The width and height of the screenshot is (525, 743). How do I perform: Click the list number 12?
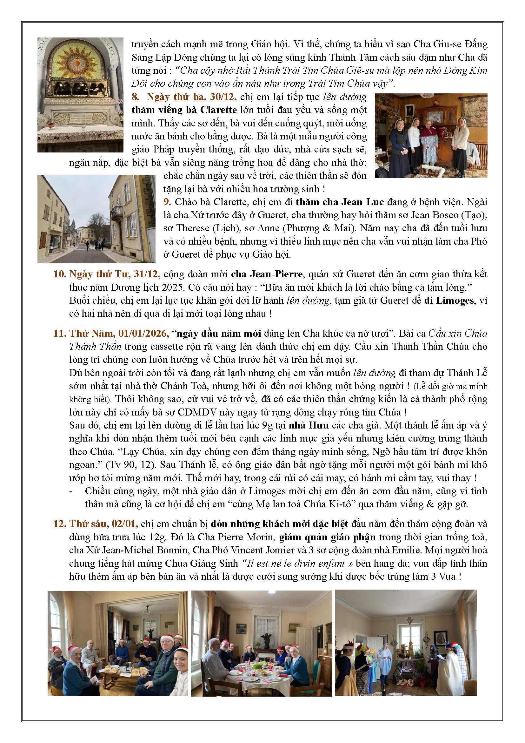coord(59,524)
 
